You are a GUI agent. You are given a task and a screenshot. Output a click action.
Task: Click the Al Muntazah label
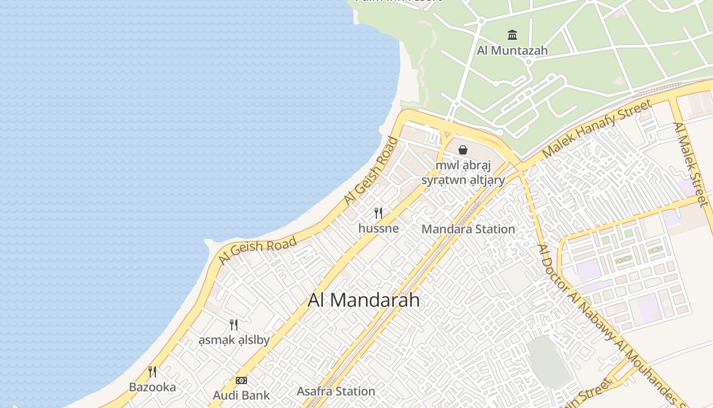pyautogui.click(x=512, y=50)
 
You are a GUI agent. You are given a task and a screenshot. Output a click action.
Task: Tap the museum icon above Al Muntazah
pyautogui.click(x=512, y=35)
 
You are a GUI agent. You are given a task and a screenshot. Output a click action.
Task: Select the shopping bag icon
pyautogui.click(x=463, y=150)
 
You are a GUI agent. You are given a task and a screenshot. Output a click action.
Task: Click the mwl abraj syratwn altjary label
pyautogui.click(x=463, y=173)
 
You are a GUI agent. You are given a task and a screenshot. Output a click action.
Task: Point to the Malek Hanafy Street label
pyautogui.click(x=596, y=129)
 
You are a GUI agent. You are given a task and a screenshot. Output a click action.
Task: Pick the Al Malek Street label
pyautogui.click(x=691, y=164)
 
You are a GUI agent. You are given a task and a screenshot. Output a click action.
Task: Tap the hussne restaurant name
pyautogui.click(x=378, y=228)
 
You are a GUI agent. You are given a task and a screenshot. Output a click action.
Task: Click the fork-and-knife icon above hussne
pyautogui.click(x=378, y=213)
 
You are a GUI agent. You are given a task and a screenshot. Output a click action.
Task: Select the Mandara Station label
pyautogui.click(x=468, y=229)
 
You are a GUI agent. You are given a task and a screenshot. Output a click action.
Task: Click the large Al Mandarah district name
pyautogui.click(x=364, y=300)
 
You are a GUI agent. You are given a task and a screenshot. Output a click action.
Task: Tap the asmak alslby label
pyautogui.click(x=234, y=340)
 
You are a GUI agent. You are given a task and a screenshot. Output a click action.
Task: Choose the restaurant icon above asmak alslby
pyautogui.click(x=234, y=324)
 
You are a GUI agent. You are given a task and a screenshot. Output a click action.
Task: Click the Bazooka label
pyautogui.click(x=152, y=387)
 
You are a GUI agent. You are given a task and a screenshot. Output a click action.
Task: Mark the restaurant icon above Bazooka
pyautogui.click(x=152, y=371)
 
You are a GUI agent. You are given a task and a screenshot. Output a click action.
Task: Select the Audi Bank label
pyautogui.click(x=241, y=395)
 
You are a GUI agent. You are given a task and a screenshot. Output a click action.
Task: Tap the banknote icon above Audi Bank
pyautogui.click(x=241, y=380)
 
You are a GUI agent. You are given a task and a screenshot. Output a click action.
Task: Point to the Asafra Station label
pyautogui.click(x=336, y=392)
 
